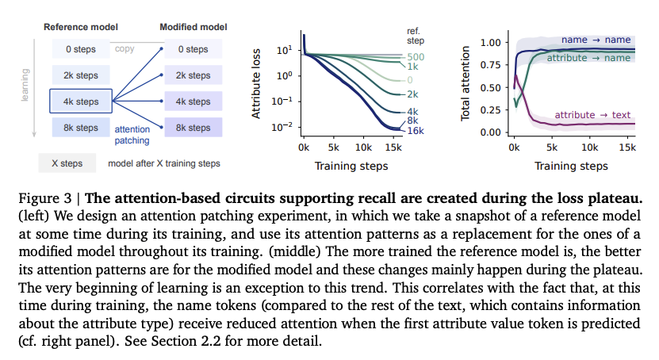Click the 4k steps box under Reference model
81,101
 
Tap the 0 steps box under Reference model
81,49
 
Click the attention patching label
132,134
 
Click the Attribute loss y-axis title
257,82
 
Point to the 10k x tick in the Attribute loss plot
362,148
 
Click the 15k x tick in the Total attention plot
626,148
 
